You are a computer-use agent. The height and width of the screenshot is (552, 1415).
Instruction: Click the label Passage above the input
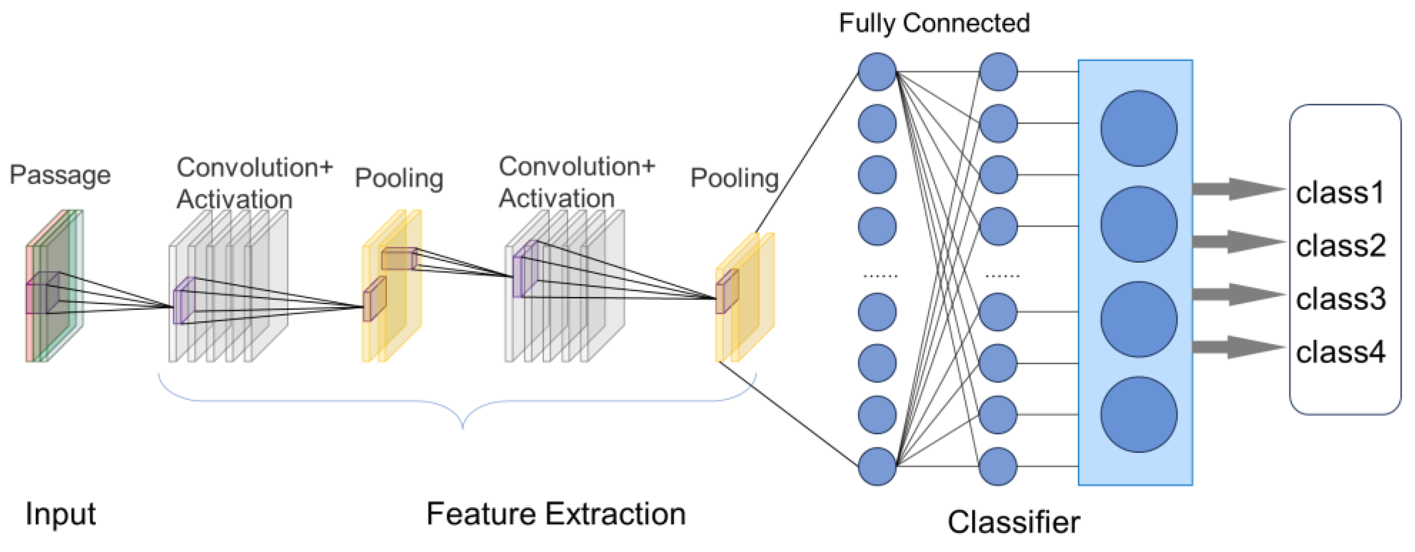point(60,176)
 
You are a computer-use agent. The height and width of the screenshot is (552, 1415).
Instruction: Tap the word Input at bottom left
point(60,514)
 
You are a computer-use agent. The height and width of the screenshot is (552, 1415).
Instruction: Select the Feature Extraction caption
point(556,514)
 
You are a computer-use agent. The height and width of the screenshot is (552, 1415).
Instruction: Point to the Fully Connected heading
point(934,23)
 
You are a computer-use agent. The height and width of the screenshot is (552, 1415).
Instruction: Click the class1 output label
point(1339,193)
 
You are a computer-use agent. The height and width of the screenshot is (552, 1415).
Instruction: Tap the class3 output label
point(1340,299)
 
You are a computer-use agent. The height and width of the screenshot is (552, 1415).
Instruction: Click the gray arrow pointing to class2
point(1238,242)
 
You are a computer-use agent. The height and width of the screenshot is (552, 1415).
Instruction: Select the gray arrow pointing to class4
point(1238,347)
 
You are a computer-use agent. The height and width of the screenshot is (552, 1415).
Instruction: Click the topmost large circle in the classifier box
point(1138,128)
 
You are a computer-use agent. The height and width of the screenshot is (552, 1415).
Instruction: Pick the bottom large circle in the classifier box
point(1138,414)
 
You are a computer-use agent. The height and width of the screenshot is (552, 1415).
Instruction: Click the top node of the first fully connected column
point(877,72)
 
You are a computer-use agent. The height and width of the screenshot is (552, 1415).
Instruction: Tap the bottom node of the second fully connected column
point(998,466)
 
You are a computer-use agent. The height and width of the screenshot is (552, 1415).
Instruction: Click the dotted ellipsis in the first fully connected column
point(880,276)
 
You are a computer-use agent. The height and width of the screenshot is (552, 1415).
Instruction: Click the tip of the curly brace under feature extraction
point(463,426)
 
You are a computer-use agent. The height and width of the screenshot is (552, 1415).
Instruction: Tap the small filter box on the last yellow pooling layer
point(727,291)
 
